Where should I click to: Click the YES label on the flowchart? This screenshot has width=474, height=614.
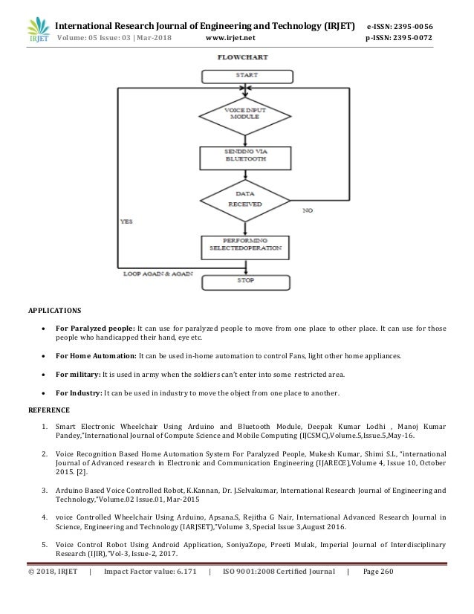(x=128, y=221)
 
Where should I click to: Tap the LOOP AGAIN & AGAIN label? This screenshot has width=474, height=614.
(x=158, y=274)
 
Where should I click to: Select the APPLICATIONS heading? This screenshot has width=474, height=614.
(x=56, y=308)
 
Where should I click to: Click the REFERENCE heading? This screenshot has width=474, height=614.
(x=49, y=409)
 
